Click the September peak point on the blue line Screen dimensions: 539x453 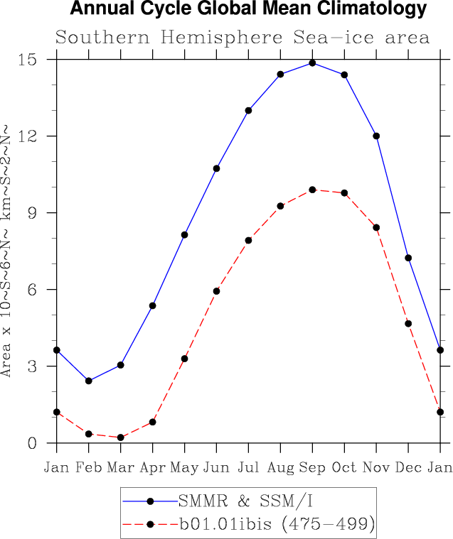[x=312, y=63]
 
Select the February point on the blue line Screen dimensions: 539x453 [x=88, y=381]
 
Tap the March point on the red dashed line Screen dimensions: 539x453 [x=120, y=437]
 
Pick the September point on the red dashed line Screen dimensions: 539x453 [x=312, y=190]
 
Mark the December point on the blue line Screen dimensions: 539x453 [x=408, y=258]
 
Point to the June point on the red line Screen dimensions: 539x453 [x=216, y=291]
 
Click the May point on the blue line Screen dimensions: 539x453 [x=184, y=235]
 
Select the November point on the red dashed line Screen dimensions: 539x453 [x=376, y=227]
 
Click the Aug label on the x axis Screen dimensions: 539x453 [x=280, y=467]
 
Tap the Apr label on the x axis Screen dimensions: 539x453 [x=152, y=467]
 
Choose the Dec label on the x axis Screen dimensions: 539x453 [x=408, y=467]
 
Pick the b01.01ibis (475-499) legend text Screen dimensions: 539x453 [x=277, y=525]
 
